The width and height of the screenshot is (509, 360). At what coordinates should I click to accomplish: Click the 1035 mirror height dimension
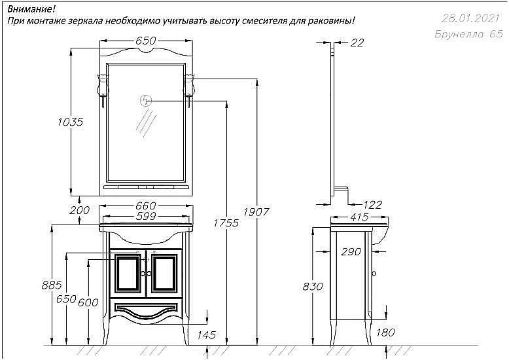(x=69, y=122)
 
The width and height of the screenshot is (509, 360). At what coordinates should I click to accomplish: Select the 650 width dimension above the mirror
(x=145, y=41)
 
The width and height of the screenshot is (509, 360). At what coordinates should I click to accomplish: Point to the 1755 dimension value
(x=226, y=223)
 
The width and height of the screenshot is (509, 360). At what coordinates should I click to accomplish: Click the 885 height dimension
(x=50, y=285)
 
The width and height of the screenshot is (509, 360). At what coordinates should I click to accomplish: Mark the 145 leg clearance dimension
(x=206, y=336)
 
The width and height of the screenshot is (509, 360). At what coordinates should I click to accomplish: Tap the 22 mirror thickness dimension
(x=357, y=43)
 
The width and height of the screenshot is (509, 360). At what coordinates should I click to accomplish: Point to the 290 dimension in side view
(x=351, y=252)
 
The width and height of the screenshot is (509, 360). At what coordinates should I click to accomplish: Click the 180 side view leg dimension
(x=386, y=333)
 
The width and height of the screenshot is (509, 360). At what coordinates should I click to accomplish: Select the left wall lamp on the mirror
(x=103, y=85)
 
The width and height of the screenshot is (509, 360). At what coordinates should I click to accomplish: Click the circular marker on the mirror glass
(x=145, y=100)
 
